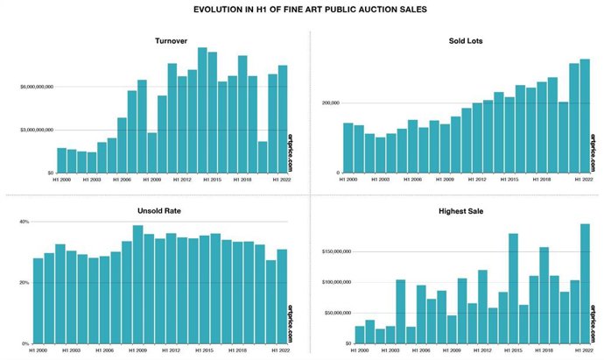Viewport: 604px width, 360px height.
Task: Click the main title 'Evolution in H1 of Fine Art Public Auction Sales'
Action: (x=303, y=11)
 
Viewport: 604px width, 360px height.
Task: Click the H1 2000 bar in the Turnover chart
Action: (x=61, y=160)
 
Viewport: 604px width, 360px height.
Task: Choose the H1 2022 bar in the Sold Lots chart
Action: (x=585, y=116)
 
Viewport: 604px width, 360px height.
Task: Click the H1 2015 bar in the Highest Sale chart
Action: (x=513, y=288)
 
